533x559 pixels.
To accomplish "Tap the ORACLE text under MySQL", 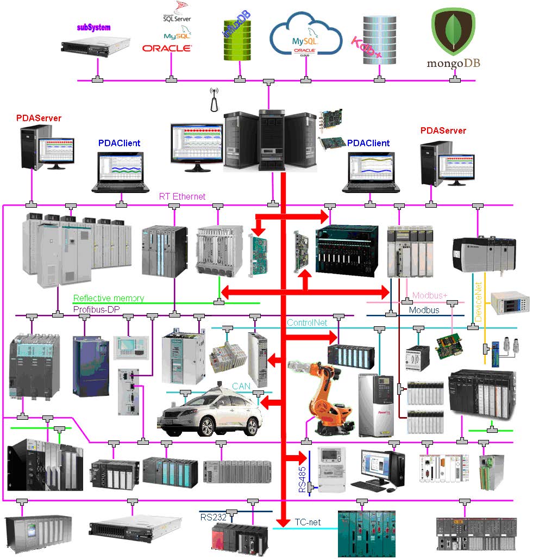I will coord(167,48).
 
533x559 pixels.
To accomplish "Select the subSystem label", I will coord(93,27).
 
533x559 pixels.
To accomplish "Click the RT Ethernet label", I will coord(182,196).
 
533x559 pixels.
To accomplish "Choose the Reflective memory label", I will coord(109,298).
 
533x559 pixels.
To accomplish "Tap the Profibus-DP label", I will coord(96,309).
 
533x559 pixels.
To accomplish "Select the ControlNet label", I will coord(308,322).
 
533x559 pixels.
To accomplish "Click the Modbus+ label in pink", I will coord(430,295).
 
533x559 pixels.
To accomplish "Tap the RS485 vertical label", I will coord(302,477).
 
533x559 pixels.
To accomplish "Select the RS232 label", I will coord(213,517).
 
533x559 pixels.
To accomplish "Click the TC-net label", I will coord(308,523).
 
